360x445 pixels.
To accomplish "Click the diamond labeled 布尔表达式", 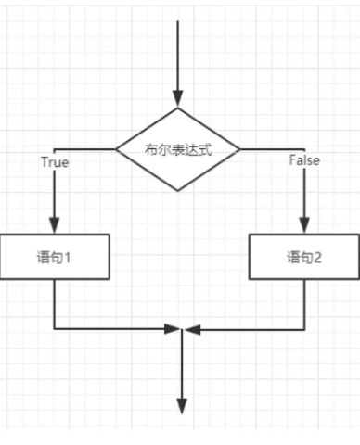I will (179, 148).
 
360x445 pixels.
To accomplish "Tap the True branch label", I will (56, 161).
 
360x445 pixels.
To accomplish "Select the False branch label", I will (303, 160).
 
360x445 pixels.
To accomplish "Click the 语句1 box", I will (56, 257).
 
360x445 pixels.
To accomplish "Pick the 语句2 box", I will (304, 257).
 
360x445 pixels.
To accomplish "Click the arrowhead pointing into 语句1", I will (56, 225).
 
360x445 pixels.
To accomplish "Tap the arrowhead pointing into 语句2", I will (304, 225).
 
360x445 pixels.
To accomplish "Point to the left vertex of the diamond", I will (116, 148).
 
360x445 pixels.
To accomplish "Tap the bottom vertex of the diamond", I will (179, 190).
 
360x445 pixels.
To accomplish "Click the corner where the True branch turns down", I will (56, 148).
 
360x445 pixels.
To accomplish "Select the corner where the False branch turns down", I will (304, 148).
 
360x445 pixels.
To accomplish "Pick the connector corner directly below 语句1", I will (56, 328).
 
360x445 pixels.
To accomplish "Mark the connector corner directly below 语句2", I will (304, 328).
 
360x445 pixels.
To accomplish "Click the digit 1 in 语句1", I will (69, 258).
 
